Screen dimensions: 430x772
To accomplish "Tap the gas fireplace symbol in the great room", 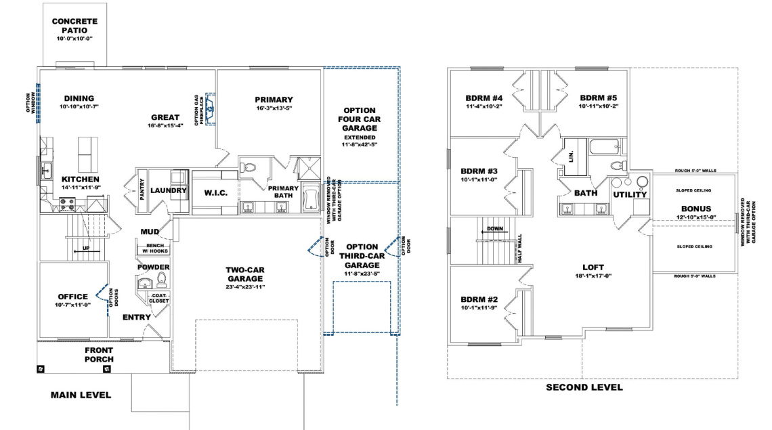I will tap(210, 107).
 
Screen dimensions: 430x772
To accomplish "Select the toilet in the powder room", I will tap(162, 278).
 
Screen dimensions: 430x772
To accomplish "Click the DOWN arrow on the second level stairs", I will tap(494, 230).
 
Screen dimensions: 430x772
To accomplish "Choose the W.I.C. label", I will tap(215, 193).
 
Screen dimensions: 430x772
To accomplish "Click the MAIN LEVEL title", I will tap(81, 395).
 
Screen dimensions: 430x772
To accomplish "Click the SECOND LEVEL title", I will tap(584, 387).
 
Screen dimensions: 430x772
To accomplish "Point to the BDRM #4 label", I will tap(483, 96).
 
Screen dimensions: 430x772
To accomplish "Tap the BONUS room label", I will tap(696, 209).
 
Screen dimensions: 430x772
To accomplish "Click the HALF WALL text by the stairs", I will tap(519, 249).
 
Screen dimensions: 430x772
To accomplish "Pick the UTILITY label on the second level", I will tap(630, 195).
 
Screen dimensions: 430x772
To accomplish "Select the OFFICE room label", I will tap(72, 297).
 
